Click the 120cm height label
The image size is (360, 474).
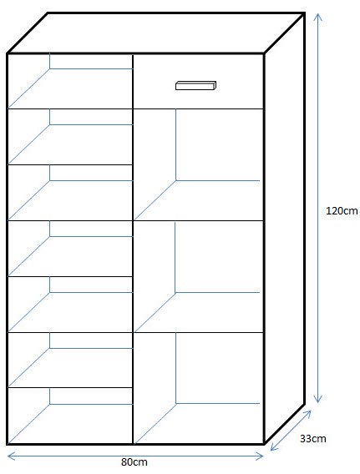pos(342,210)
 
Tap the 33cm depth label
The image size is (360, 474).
pos(312,439)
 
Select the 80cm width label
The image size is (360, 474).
pos(134,462)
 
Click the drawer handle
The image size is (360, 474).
pos(195,85)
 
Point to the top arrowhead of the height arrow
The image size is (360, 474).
pos(317,18)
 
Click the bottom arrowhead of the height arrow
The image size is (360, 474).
pos(317,398)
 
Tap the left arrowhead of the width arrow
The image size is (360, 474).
pos(11,456)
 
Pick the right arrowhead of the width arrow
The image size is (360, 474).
pos(260,456)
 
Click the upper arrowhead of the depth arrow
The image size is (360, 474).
pos(307,414)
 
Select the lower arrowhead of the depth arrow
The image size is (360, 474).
pos(274,446)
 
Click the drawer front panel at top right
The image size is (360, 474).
pos(198,81)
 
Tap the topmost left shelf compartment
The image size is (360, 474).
pos(70,81)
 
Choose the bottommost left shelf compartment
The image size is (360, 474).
pos(70,416)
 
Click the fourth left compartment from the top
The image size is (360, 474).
pos(70,249)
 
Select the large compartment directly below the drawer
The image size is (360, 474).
pos(198,164)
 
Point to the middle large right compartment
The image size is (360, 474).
pos(198,276)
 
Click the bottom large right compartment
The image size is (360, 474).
pos(198,388)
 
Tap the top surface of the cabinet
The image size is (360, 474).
pos(156,33)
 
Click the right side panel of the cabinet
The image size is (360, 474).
pos(284,228)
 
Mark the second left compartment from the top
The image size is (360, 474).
pos(70,137)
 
